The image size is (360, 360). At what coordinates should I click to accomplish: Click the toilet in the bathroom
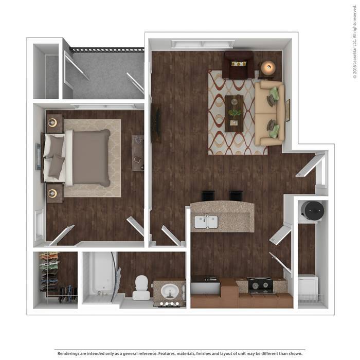click(141, 287)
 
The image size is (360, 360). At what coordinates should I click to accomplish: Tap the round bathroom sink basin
click(170, 291)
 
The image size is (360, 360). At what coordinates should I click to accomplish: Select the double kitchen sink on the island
click(206, 222)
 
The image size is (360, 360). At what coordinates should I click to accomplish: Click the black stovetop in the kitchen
click(260, 285)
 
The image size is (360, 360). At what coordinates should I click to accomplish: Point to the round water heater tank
click(313, 210)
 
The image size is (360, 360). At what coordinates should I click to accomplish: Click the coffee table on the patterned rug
click(234, 114)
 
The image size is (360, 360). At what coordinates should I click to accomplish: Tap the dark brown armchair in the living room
click(239, 65)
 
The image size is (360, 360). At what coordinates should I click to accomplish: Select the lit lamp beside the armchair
click(268, 67)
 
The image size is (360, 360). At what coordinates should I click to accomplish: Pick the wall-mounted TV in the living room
click(156, 123)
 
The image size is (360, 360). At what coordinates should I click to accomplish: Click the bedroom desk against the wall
click(138, 153)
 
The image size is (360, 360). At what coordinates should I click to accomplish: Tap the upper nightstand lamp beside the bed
click(52, 122)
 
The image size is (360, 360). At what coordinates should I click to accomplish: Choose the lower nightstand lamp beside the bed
click(52, 193)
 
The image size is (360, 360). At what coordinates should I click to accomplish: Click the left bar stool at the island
click(208, 196)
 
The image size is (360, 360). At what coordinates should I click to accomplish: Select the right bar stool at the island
click(236, 196)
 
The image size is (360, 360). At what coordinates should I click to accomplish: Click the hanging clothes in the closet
click(49, 272)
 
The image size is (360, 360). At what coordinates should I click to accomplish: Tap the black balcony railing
click(107, 50)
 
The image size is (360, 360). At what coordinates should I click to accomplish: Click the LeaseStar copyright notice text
click(354, 42)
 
